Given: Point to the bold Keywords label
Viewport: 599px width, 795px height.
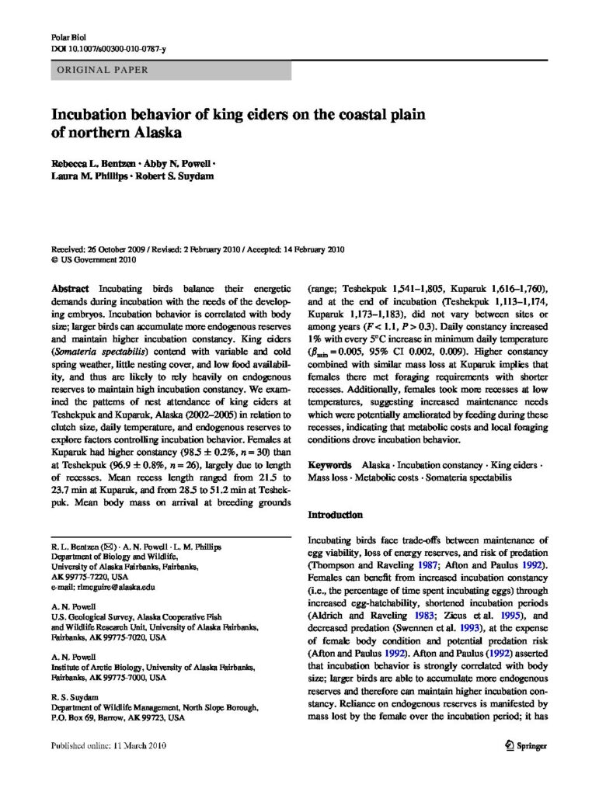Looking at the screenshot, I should click(333, 464).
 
